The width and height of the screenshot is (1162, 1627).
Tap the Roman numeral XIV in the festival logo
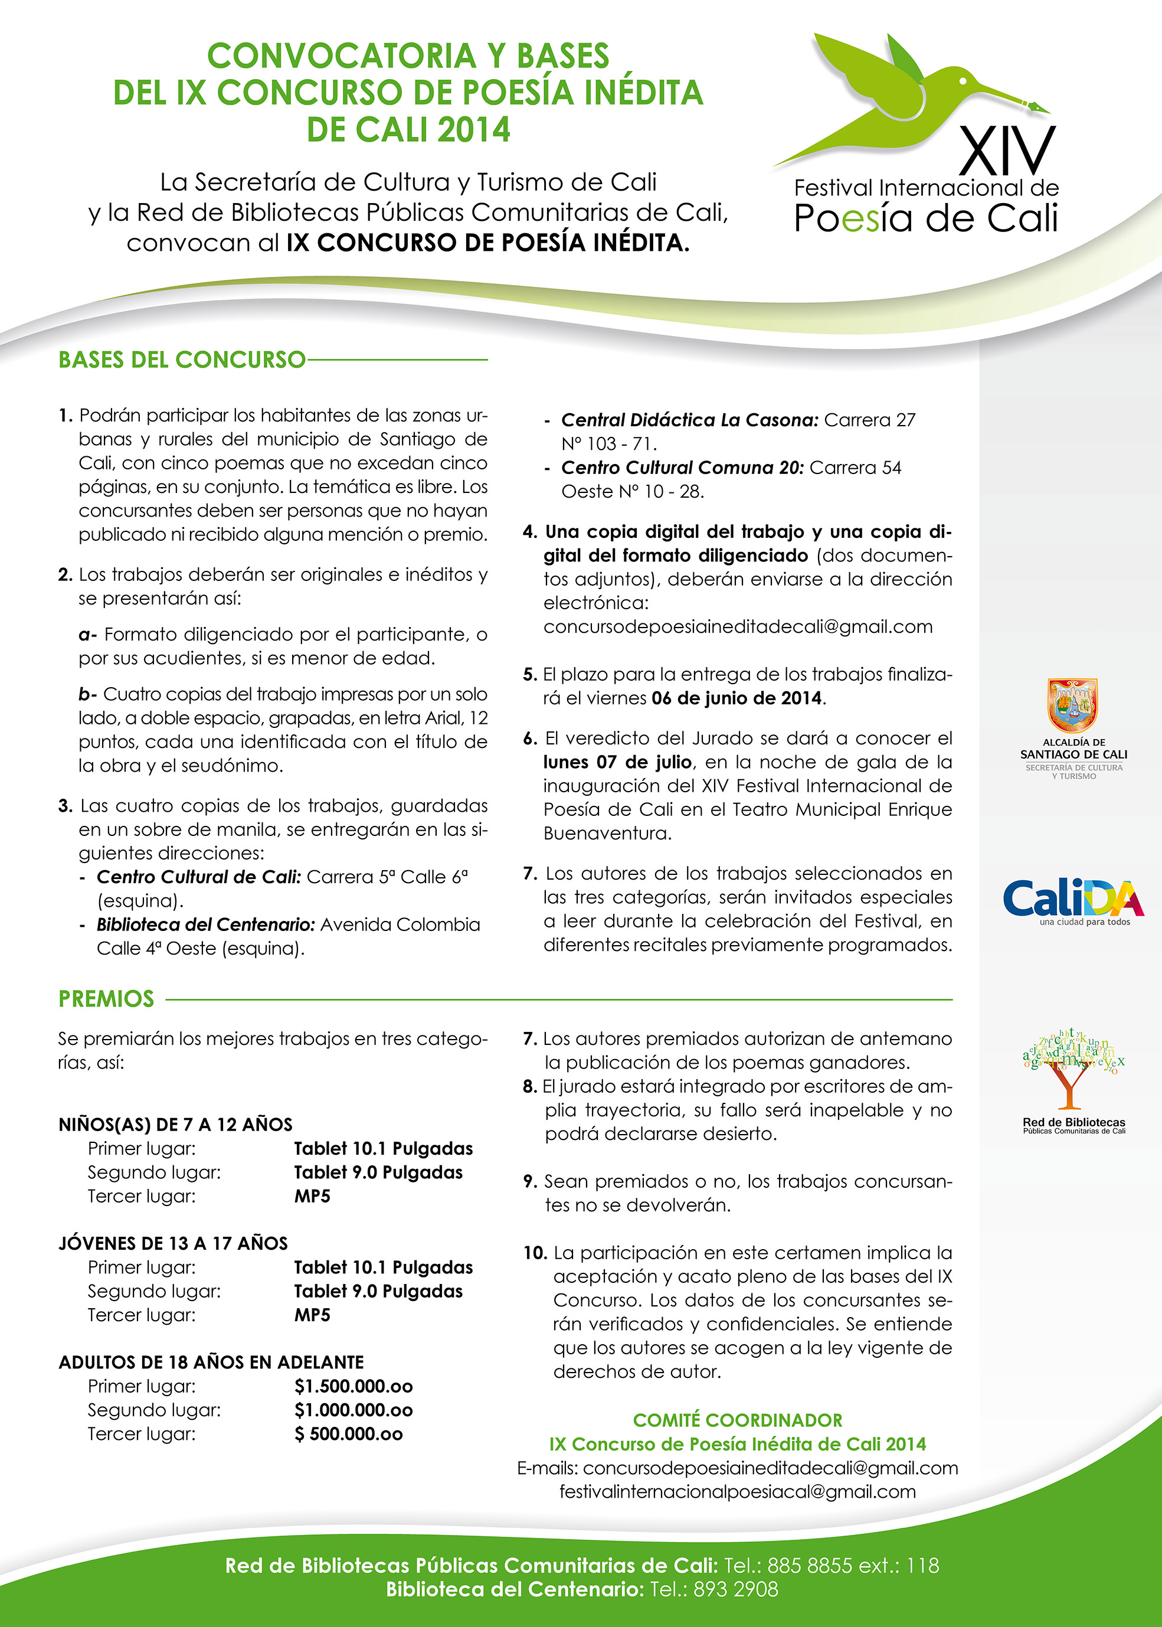click(1007, 151)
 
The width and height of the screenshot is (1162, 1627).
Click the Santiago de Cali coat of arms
click(1072, 705)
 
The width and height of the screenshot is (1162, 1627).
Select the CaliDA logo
click(1072, 900)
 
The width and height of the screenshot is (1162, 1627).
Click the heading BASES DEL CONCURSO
click(182, 360)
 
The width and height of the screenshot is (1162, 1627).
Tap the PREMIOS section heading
click(106, 998)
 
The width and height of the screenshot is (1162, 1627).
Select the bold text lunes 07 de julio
click(617, 762)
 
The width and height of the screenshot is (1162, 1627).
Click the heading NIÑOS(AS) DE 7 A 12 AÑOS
click(175, 1125)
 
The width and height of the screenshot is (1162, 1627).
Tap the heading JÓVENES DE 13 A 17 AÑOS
click(173, 1243)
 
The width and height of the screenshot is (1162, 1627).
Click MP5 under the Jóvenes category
click(312, 1315)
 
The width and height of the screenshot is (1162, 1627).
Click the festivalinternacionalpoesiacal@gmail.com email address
click(737, 1492)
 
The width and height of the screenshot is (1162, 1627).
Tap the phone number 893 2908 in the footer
click(735, 1589)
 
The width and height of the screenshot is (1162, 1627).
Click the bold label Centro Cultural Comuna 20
click(682, 468)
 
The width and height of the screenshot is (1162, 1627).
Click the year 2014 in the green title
click(474, 129)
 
